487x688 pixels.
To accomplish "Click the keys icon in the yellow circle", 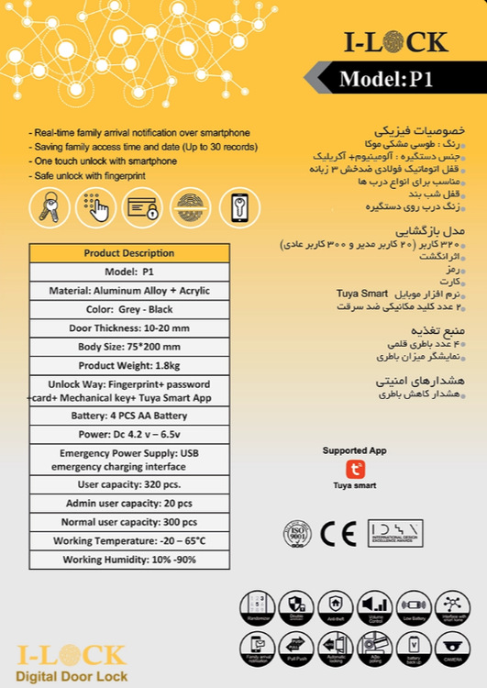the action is click(50, 208).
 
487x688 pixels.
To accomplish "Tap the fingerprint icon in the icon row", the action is click(193, 208).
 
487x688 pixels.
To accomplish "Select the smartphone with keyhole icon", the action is click(240, 208).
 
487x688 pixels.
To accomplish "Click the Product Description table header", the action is click(128, 253).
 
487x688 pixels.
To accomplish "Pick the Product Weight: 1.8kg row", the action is click(128, 366).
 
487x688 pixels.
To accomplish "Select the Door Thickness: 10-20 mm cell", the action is click(128, 328).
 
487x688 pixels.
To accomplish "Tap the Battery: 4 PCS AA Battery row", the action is click(128, 415).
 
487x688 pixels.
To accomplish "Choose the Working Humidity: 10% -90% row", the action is click(128, 560).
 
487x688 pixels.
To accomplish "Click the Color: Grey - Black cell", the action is click(128, 309).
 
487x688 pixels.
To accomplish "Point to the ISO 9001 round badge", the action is click(297, 533).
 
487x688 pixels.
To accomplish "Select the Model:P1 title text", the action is click(385, 80).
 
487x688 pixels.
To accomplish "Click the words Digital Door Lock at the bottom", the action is click(72, 676).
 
